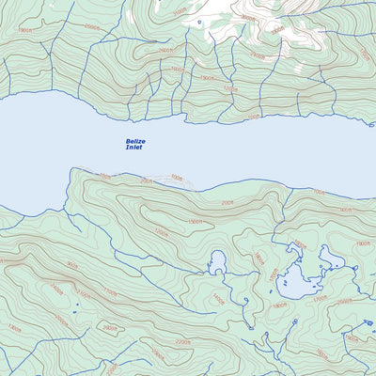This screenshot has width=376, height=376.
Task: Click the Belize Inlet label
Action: pos(135,144)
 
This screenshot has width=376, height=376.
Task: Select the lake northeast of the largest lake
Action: pos(332,258)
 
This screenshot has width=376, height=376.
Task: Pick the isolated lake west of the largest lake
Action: pos(218,264)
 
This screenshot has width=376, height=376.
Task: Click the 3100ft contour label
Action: pos(180,12)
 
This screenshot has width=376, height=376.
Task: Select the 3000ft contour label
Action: pos(247,17)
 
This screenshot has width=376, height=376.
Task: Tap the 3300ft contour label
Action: pos(278,29)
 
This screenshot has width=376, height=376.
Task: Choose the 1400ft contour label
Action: pos(218,299)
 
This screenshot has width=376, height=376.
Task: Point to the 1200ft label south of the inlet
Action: pos(162,231)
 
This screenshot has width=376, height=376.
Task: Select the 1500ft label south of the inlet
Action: pos(196,222)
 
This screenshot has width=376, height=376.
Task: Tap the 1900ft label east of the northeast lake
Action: pos(363,243)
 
